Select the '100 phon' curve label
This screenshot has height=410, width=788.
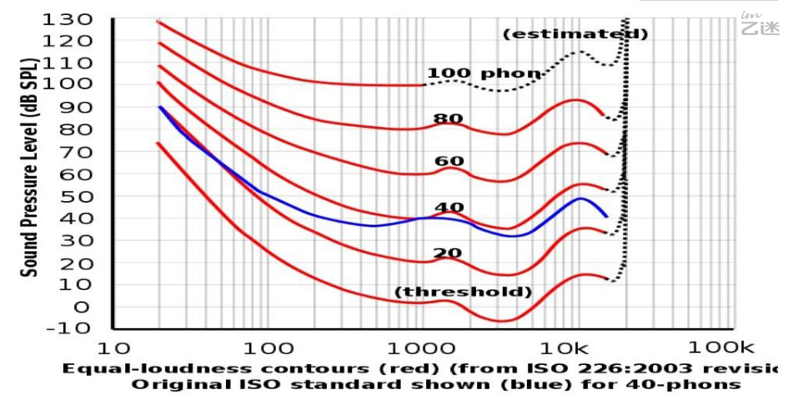coord(484,73)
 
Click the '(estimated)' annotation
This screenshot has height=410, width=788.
coord(575,34)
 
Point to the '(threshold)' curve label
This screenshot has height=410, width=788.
coord(463,291)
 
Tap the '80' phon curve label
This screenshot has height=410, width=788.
coord(449,118)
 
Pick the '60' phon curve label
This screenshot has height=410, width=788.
coord(449,160)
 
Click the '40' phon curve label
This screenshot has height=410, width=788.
coord(449,207)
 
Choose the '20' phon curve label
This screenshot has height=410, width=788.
coord(449,252)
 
